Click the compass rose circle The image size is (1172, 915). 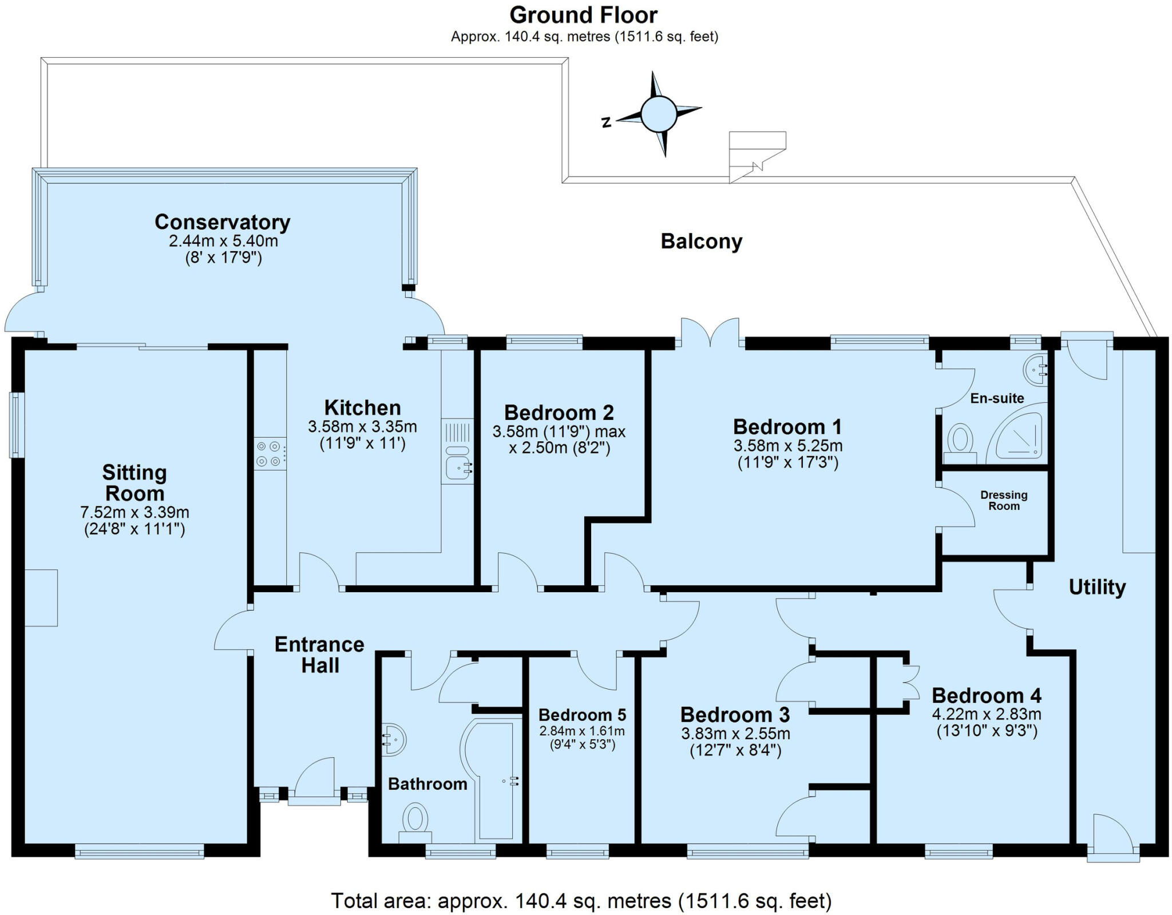coord(659,114)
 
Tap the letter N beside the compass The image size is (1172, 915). coord(607,121)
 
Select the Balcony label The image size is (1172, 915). coord(701,241)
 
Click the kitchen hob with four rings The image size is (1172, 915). coord(270,453)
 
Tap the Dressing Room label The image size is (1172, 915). coord(1004,500)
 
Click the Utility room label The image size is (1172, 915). coord(1097,587)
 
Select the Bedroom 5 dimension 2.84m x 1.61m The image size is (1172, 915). coord(581,731)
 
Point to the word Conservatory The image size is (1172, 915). coord(222,222)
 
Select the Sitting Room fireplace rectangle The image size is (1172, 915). coord(41,597)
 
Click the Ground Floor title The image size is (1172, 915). coord(584,15)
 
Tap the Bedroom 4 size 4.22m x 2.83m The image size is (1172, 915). coord(987,715)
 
